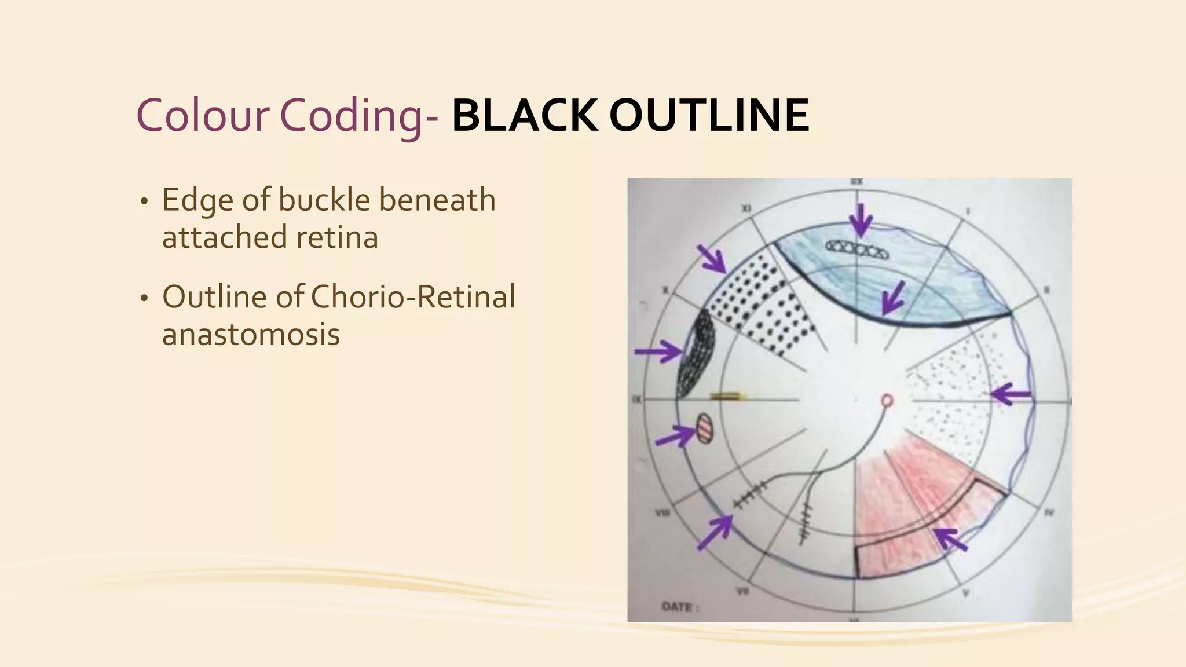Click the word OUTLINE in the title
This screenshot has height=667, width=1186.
709,116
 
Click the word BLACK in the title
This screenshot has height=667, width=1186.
524,116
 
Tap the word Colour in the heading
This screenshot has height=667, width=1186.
203,116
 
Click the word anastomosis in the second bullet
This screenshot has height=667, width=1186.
251,334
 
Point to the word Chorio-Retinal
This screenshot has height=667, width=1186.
413,297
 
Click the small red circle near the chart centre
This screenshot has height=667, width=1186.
887,400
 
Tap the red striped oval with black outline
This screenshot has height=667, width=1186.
704,427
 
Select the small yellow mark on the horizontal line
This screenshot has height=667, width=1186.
728,397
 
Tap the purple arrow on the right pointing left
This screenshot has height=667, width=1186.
1011,395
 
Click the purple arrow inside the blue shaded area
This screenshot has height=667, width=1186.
892,298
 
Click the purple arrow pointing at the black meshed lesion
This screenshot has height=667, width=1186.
658,351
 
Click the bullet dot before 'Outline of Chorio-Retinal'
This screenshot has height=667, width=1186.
144,299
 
